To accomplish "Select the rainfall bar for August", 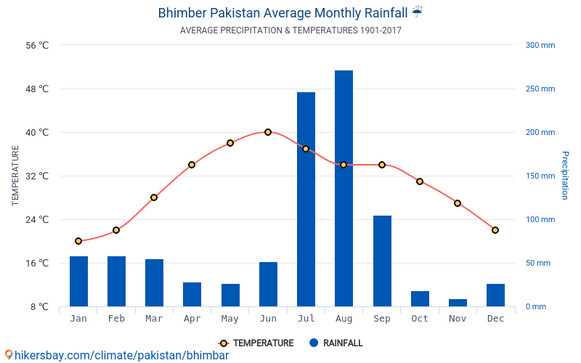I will click(x=344, y=189).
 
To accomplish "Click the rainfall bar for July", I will click(x=306, y=200).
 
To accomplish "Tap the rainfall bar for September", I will click(x=382, y=261).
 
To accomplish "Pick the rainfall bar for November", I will click(x=458, y=303).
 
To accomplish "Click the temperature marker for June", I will click(x=268, y=132).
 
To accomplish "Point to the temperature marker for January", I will click(x=78, y=241).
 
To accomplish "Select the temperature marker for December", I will click(x=495, y=230).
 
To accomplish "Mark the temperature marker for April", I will click(x=192, y=165).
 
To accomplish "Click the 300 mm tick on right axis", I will click(x=540, y=45).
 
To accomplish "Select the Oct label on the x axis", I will click(x=420, y=319).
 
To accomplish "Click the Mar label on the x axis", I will click(x=154, y=319).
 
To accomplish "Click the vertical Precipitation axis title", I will click(x=564, y=176).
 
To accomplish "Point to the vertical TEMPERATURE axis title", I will click(x=15, y=176).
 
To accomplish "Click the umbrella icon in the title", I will click(x=417, y=12).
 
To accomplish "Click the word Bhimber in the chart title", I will click(x=186, y=13).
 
